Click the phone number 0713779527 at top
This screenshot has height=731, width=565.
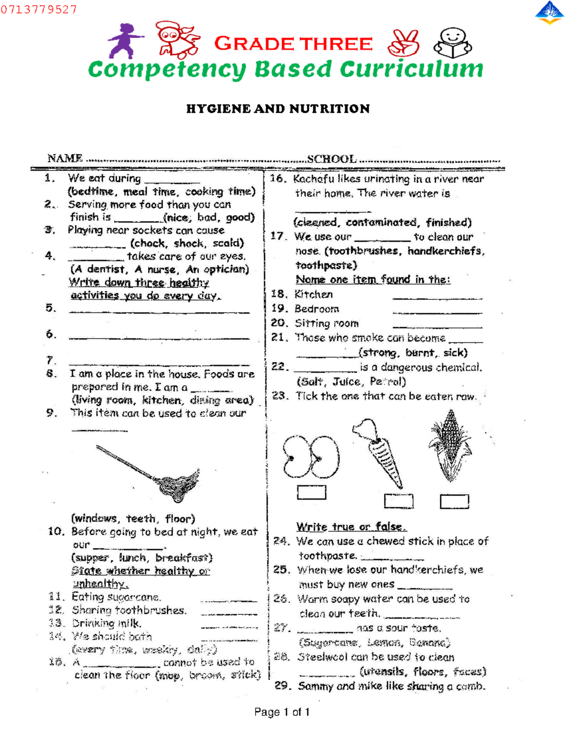click(x=39, y=9)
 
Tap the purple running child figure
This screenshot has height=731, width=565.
click(x=125, y=41)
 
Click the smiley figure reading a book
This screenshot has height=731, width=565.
click(x=452, y=42)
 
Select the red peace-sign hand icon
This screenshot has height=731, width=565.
click(x=404, y=43)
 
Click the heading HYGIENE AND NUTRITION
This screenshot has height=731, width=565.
click(x=278, y=109)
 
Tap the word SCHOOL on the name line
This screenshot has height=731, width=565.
click(x=331, y=159)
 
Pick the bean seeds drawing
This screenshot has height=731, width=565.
click(x=311, y=456)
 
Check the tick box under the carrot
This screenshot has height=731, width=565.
click(x=398, y=501)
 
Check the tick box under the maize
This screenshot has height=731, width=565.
click(x=454, y=501)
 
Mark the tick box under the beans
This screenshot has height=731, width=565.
click(x=312, y=492)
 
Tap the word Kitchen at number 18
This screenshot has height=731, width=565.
click(x=314, y=295)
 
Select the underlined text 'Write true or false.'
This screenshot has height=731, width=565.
click(x=351, y=527)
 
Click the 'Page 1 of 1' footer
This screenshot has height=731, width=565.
click(x=282, y=712)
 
